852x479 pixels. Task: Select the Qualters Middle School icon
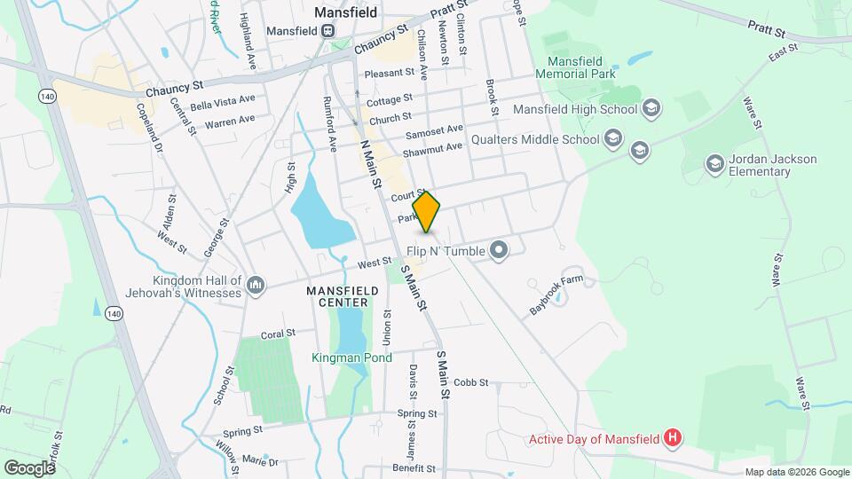pyautogui.click(x=612, y=138)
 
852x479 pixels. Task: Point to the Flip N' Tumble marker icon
pyautogui.click(x=499, y=251)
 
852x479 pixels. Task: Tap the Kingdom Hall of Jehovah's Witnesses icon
pyautogui.click(x=256, y=284)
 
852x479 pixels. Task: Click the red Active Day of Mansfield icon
pyautogui.click(x=674, y=438)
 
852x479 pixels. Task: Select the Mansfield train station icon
pyautogui.click(x=328, y=31)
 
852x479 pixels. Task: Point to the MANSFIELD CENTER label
pyautogui.click(x=337, y=296)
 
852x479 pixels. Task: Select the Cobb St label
pyautogui.click(x=471, y=382)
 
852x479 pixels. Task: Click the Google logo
pyautogui.click(x=30, y=467)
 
